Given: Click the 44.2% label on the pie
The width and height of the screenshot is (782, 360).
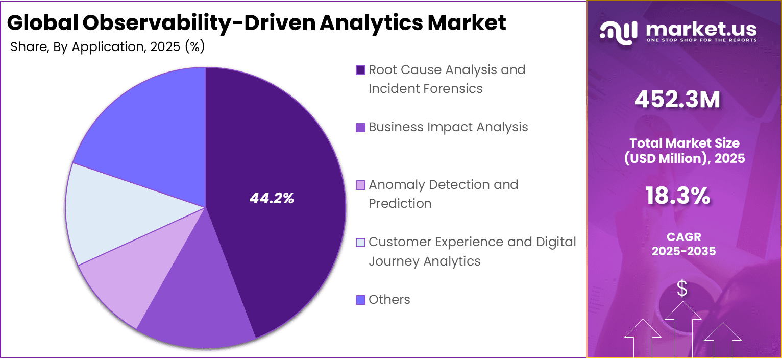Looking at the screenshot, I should pyautogui.click(x=272, y=199).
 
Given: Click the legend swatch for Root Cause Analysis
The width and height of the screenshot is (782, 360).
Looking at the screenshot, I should pyautogui.click(x=360, y=70).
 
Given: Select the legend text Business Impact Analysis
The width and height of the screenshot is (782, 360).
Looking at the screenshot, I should pyautogui.click(x=448, y=127).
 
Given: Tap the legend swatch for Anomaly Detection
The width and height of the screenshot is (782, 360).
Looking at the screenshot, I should pyautogui.click(x=360, y=185).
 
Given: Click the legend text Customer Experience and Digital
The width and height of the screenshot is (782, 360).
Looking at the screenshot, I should pyautogui.click(x=472, y=242).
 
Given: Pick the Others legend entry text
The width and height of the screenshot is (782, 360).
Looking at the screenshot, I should pyautogui.click(x=389, y=299).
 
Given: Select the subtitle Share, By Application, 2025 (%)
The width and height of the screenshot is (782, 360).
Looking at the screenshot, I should pyautogui.click(x=107, y=47).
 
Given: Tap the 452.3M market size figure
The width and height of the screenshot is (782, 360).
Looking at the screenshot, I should pyautogui.click(x=677, y=100).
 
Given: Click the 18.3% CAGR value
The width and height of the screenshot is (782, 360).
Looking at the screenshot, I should pyautogui.click(x=677, y=196).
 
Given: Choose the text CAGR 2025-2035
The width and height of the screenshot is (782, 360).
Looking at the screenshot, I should pyautogui.click(x=683, y=244).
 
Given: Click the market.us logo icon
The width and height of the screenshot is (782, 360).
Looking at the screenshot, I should pyautogui.click(x=618, y=31).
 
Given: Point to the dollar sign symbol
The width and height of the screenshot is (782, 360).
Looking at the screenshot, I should pyautogui.click(x=682, y=289).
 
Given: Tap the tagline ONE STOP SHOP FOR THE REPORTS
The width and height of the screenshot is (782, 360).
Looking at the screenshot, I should pyautogui.click(x=701, y=40).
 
